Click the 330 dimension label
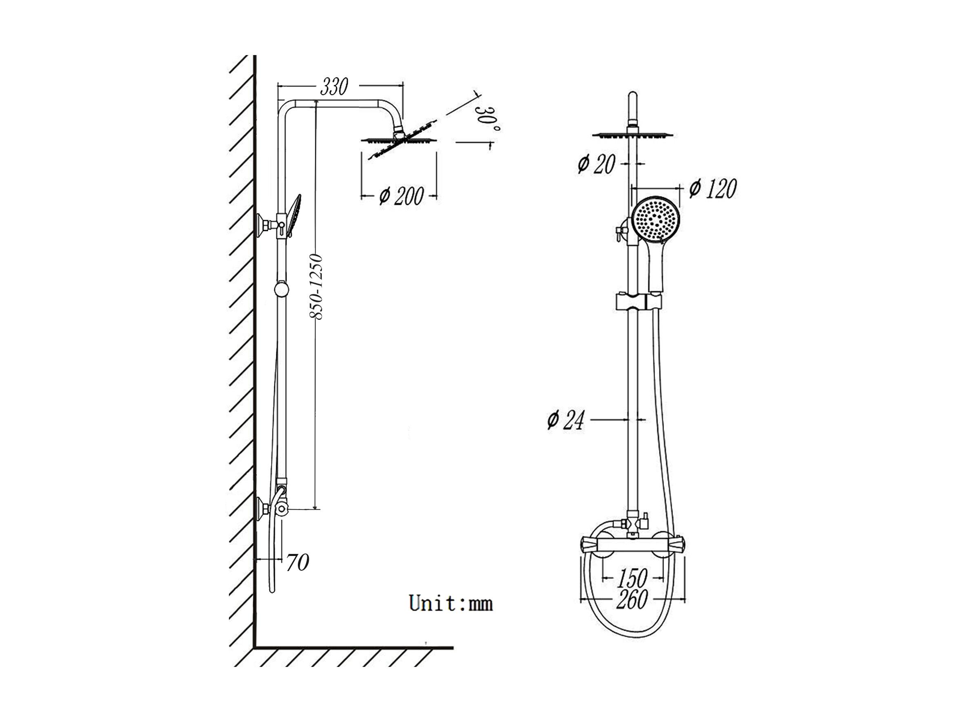click(334, 87)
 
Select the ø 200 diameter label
click(401, 196)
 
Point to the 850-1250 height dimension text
click(317, 287)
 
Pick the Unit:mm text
click(451, 603)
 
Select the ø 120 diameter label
click(713, 188)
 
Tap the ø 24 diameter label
click(566, 420)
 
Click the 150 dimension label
click(632, 578)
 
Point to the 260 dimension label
click(632, 599)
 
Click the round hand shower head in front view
click(656, 220)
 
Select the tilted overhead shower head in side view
click(399, 139)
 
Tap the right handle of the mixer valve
click(677, 545)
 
